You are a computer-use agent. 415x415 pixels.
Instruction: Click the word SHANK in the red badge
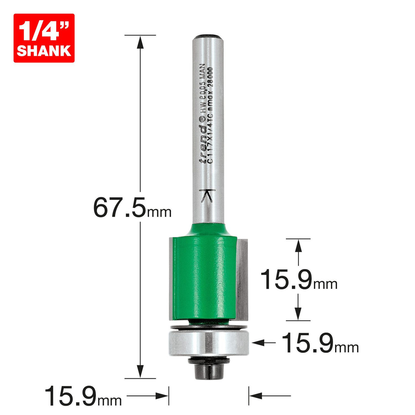[44, 51]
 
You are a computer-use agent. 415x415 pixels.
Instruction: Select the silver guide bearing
[209, 342]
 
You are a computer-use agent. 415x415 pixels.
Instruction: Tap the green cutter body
[202, 273]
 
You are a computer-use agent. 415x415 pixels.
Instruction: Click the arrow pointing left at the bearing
[258, 342]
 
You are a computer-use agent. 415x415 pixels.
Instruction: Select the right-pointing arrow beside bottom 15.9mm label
[161, 396]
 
